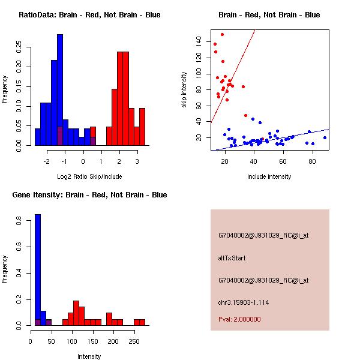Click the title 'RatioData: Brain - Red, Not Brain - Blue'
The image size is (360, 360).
click(89, 15)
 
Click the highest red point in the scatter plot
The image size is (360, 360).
click(222, 34)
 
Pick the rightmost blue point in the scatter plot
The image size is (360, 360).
click(325, 137)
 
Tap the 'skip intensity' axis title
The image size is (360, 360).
click(184, 90)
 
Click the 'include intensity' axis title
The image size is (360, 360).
click(269, 176)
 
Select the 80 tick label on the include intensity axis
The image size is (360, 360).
click(312, 161)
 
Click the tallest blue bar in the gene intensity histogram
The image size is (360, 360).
click(38, 270)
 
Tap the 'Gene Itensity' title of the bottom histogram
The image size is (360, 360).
click(89, 195)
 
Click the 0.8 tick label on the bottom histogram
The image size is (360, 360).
click(19, 221)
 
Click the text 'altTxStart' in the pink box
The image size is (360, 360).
click(232, 258)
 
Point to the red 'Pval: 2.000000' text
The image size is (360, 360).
click(239, 319)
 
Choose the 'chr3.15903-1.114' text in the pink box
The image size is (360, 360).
click(243, 302)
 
